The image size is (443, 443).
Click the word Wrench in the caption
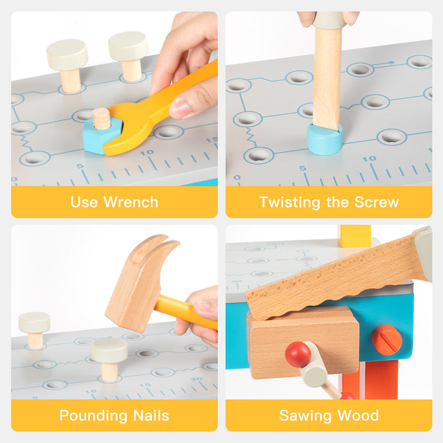pyautogui.click(x=131, y=202)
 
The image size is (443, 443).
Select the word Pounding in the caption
pyautogui.click(x=93, y=415)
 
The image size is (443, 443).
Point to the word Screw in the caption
pyautogui.click(x=377, y=202)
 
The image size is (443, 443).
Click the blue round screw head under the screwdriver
pyautogui.click(x=325, y=140)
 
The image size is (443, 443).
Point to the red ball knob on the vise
pyautogui.click(x=298, y=354)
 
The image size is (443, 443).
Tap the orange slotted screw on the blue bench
pyautogui.click(x=387, y=339)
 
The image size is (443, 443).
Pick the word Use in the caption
pyautogui.click(x=83, y=202)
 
